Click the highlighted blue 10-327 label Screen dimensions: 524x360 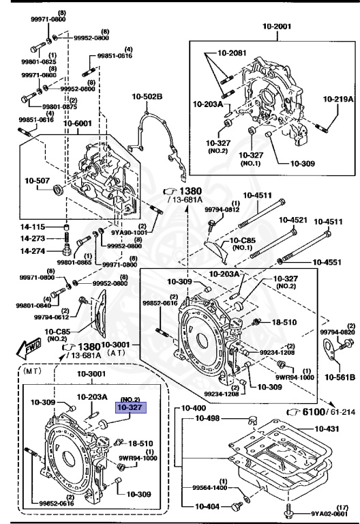[x=129, y=407]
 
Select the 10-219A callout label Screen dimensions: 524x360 [x=338, y=99]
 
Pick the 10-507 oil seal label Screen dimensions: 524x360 [x=37, y=181]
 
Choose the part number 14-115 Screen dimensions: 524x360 [x=32, y=227]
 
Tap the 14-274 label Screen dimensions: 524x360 [x=32, y=251]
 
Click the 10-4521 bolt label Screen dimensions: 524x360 [x=292, y=220]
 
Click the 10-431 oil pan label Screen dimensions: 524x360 [x=330, y=428]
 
